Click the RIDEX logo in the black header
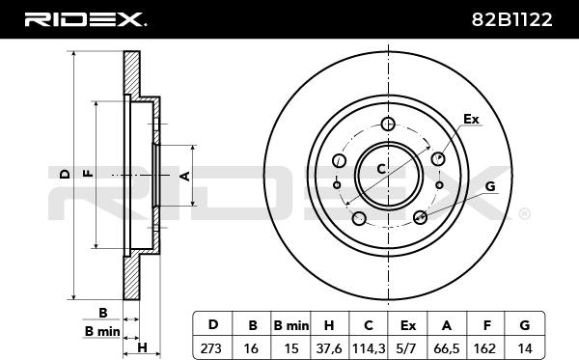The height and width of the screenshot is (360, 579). point(85,19)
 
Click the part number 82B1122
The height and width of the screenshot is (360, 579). point(511,19)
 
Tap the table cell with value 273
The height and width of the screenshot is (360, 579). point(211,348)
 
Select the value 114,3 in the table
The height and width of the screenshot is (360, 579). point(369,348)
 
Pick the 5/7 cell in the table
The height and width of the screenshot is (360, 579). point(407,348)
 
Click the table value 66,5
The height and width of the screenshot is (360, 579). point(447,348)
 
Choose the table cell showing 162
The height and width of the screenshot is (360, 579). point(484,348)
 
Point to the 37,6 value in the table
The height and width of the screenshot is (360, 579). point(329,348)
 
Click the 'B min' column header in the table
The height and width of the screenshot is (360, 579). point(291,325)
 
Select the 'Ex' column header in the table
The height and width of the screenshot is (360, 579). point(408,325)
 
